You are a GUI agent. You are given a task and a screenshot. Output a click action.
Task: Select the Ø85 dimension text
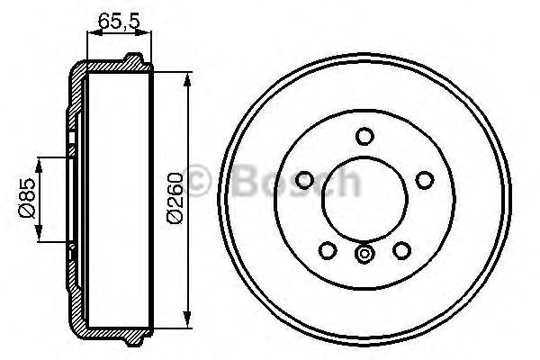27,199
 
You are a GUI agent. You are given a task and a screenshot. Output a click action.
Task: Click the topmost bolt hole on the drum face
364,137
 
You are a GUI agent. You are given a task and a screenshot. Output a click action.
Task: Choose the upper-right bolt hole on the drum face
424,180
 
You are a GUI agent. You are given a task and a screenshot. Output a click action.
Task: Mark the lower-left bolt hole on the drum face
328,249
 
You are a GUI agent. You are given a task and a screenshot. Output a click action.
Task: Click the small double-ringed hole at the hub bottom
364,255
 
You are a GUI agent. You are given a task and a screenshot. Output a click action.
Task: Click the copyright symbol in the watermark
200,179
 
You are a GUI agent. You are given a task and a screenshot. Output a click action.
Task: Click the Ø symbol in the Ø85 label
27,213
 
